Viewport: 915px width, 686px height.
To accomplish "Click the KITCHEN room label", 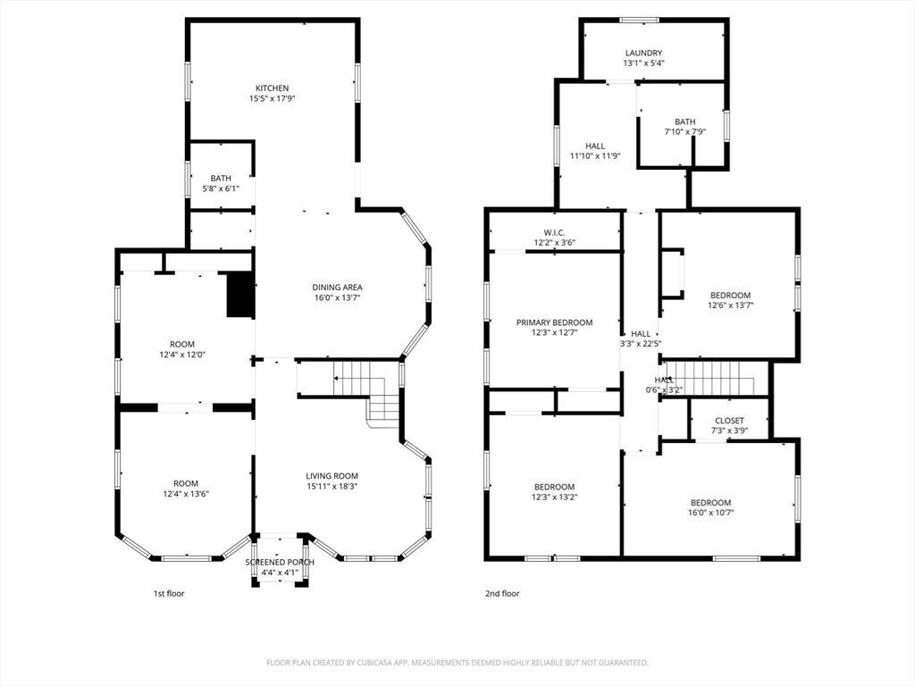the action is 272,88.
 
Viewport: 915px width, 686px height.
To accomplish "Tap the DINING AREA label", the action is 337,287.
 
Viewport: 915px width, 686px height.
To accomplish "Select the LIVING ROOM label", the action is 332,475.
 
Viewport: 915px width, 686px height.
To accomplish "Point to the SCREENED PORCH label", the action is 280,562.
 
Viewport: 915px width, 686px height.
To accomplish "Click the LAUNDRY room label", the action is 643,53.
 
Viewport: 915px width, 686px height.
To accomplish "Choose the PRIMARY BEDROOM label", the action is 554,322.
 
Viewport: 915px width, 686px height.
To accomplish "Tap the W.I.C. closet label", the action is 554,232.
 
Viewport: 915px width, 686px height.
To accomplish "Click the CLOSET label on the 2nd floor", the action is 729,421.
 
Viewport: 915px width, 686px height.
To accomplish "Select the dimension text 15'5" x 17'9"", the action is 272,98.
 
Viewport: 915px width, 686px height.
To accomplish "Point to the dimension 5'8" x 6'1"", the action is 221,188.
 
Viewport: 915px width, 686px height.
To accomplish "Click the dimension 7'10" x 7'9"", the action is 685,132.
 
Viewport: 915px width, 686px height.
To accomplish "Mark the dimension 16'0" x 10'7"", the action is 710,513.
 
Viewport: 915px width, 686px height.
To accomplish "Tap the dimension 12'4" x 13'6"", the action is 186,493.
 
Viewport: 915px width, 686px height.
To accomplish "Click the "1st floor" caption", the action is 169,593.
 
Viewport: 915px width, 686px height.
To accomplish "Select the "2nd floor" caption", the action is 502,593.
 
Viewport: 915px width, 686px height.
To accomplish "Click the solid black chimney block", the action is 239,295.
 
